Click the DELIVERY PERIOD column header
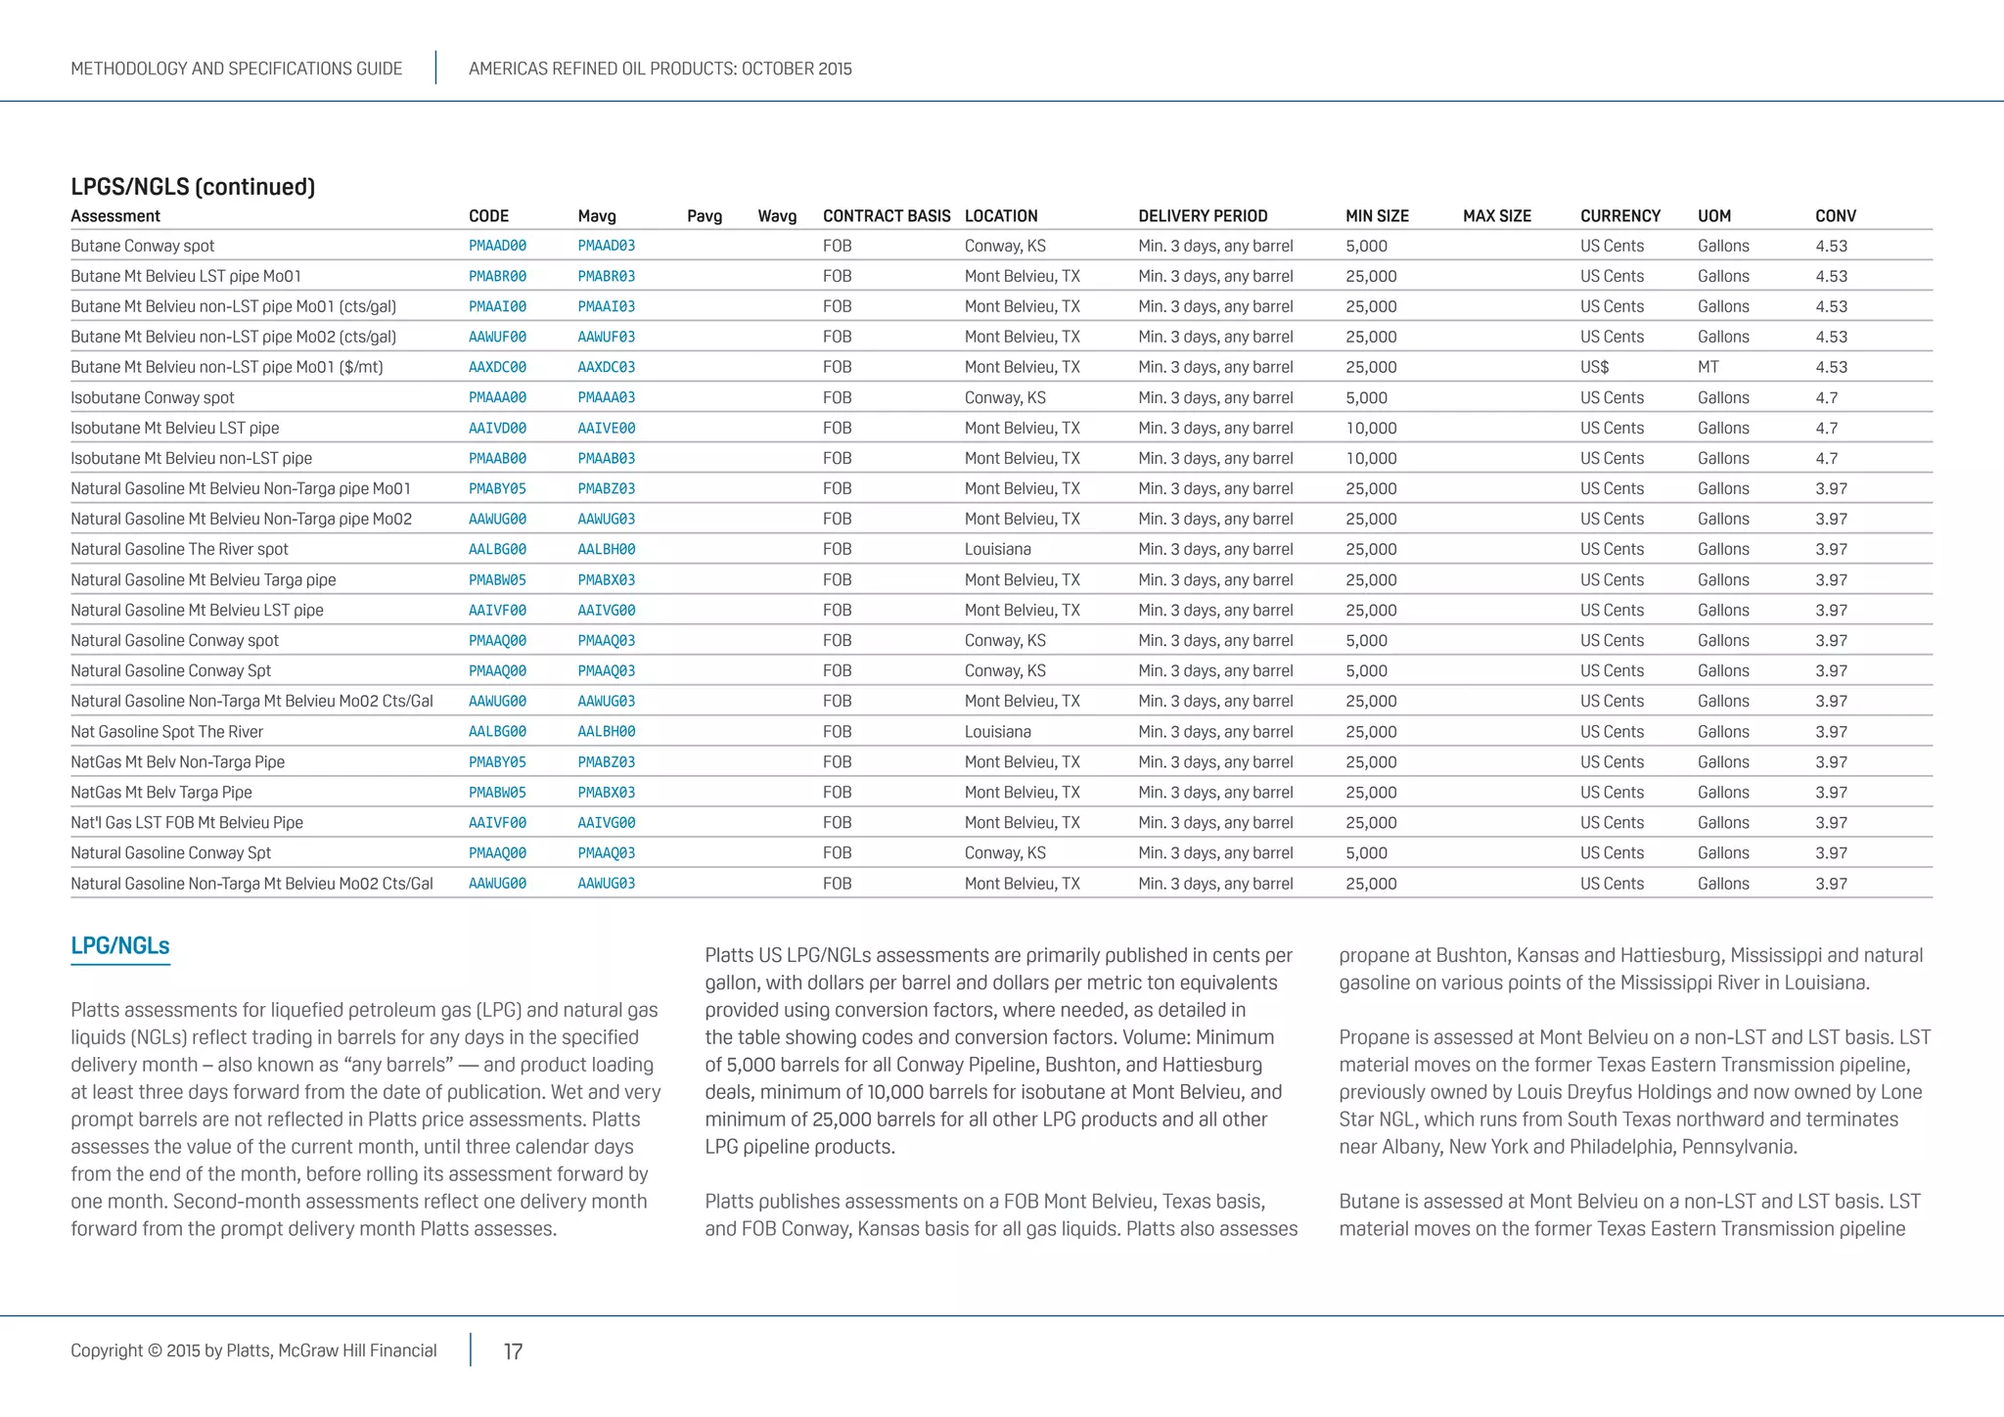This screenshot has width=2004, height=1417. point(1203,216)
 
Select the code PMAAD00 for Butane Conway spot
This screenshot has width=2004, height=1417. point(497,247)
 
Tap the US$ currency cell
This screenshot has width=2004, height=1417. point(1594,368)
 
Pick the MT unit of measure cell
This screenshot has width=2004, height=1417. point(1708,368)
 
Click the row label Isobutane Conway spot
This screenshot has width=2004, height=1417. point(153,398)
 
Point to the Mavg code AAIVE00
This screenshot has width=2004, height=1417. point(606,429)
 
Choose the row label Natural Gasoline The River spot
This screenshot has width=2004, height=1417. point(179,550)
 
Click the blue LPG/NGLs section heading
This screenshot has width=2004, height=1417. point(120,946)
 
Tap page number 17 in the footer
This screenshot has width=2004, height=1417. point(513,1351)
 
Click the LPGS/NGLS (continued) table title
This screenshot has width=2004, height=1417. point(193,187)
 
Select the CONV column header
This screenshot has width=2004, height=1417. point(1835,216)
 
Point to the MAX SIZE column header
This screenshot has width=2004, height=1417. point(1496,216)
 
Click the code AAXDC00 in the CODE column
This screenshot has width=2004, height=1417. point(497,368)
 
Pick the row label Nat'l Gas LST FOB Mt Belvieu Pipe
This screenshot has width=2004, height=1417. point(187,823)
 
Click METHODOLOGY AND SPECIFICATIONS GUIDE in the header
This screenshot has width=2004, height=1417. point(236,69)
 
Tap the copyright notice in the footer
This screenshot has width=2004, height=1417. point(253,1350)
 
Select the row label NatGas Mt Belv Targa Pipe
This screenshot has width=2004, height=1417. point(161,793)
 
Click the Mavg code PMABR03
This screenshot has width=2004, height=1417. point(606,277)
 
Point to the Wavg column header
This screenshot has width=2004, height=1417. point(777,216)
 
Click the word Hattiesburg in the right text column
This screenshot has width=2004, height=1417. point(1671,955)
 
